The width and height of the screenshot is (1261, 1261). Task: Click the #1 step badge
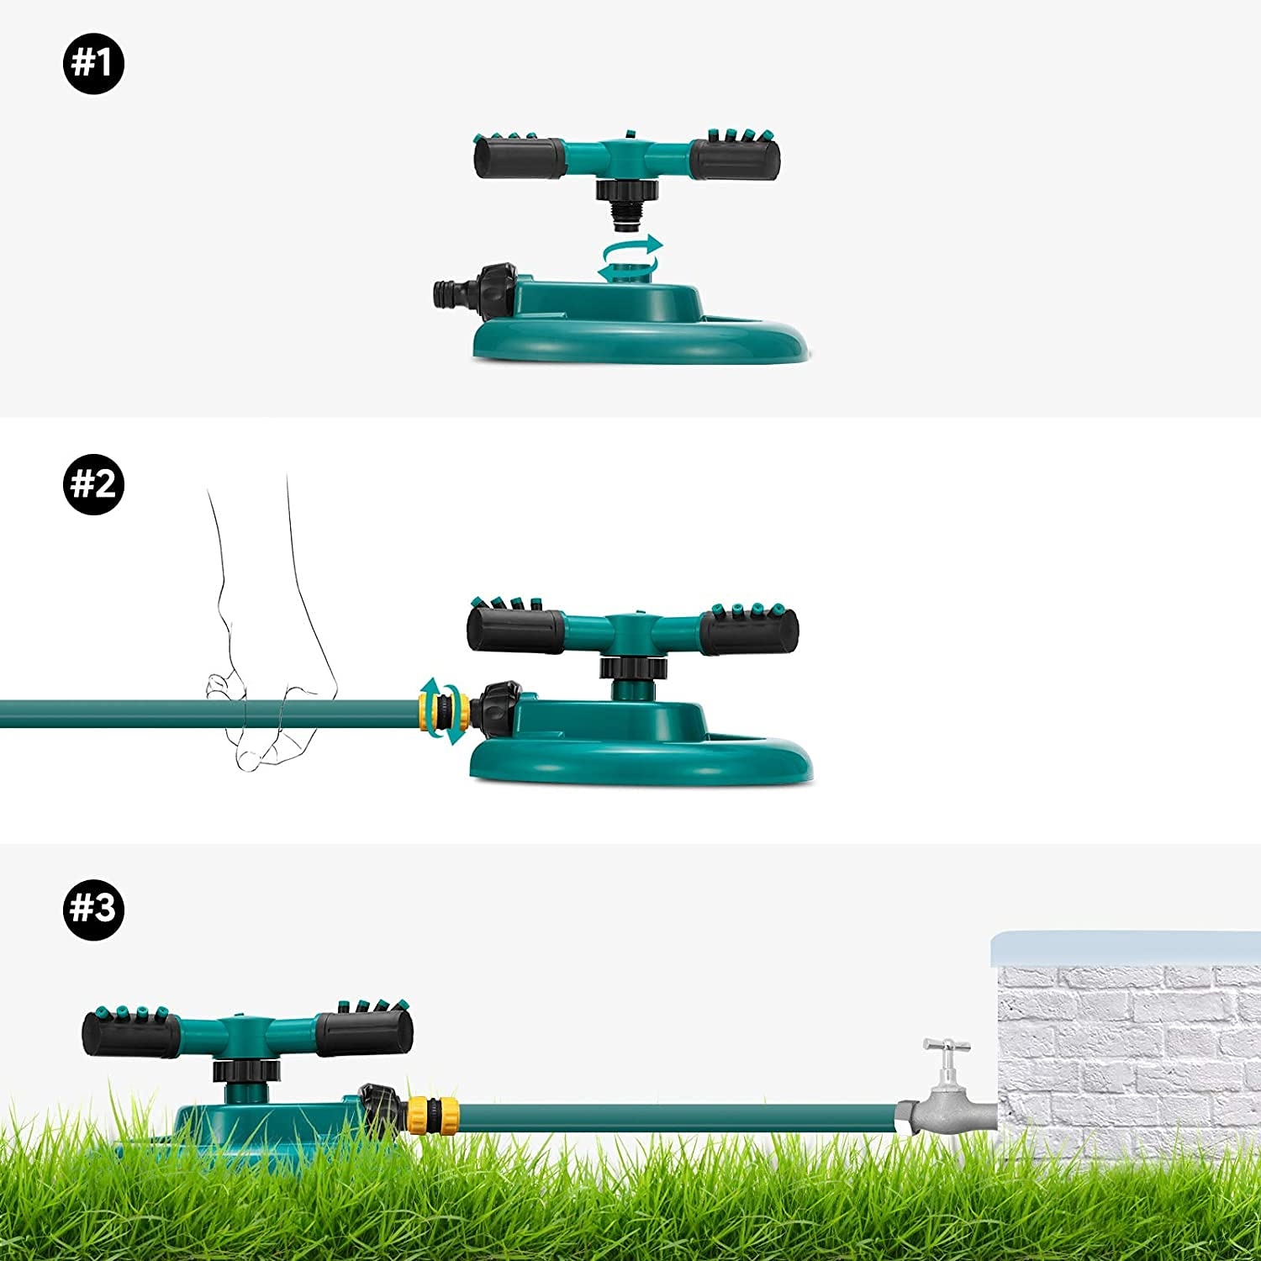coord(93,63)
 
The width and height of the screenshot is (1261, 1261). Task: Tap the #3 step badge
coord(93,908)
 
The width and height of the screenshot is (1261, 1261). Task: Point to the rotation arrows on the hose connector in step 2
coord(443,710)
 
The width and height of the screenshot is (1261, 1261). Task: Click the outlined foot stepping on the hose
coord(269,673)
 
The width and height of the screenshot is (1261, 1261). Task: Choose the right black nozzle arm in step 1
coord(736,160)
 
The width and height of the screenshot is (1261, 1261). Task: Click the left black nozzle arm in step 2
coord(515,630)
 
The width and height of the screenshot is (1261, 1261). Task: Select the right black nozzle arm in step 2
coord(748,630)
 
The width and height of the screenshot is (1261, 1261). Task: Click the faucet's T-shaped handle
coord(947,1047)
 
